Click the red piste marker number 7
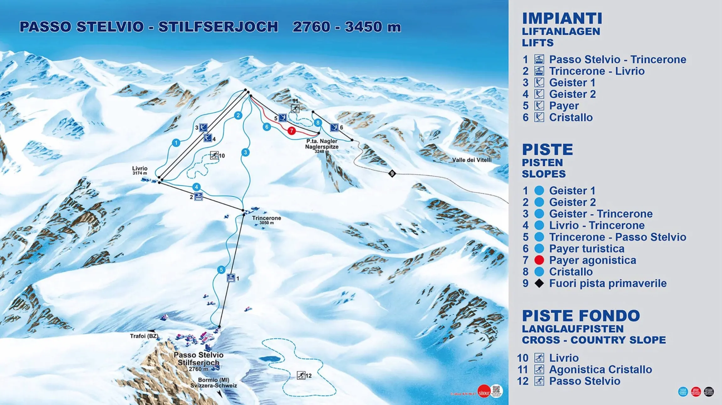pyautogui.click(x=291, y=130)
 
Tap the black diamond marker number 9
pyautogui.click(x=392, y=173)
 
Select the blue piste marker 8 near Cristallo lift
pyautogui.click(x=318, y=123)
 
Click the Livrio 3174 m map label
pyautogui.click(x=140, y=170)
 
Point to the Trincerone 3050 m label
pyautogui.click(x=266, y=220)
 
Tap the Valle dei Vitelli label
pyautogui.click(x=472, y=160)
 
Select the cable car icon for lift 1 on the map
pyautogui.click(x=231, y=278)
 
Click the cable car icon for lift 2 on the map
pyautogui.click(x=198, y=197)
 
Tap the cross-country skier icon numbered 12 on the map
pyautogui.click(x=301, y=375)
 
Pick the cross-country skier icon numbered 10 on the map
pyautogui.click(x=214, y=155)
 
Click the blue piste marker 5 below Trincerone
pyautogui.click(x=221, y=270)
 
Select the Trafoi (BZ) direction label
pyautogui.click(x=144, y=336)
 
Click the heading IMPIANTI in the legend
pyautogui.click(x=562, y=18)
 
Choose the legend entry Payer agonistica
pyautogui.click(x=592, y=260)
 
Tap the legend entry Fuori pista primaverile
pyautogui.click(x=607, y=283)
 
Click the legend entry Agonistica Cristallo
pyautogui.click(x=600, y=369)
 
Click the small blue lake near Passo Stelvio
pyautogui.click(x=269, y=359)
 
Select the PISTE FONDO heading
pyautogui.click(x=581, y=316)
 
